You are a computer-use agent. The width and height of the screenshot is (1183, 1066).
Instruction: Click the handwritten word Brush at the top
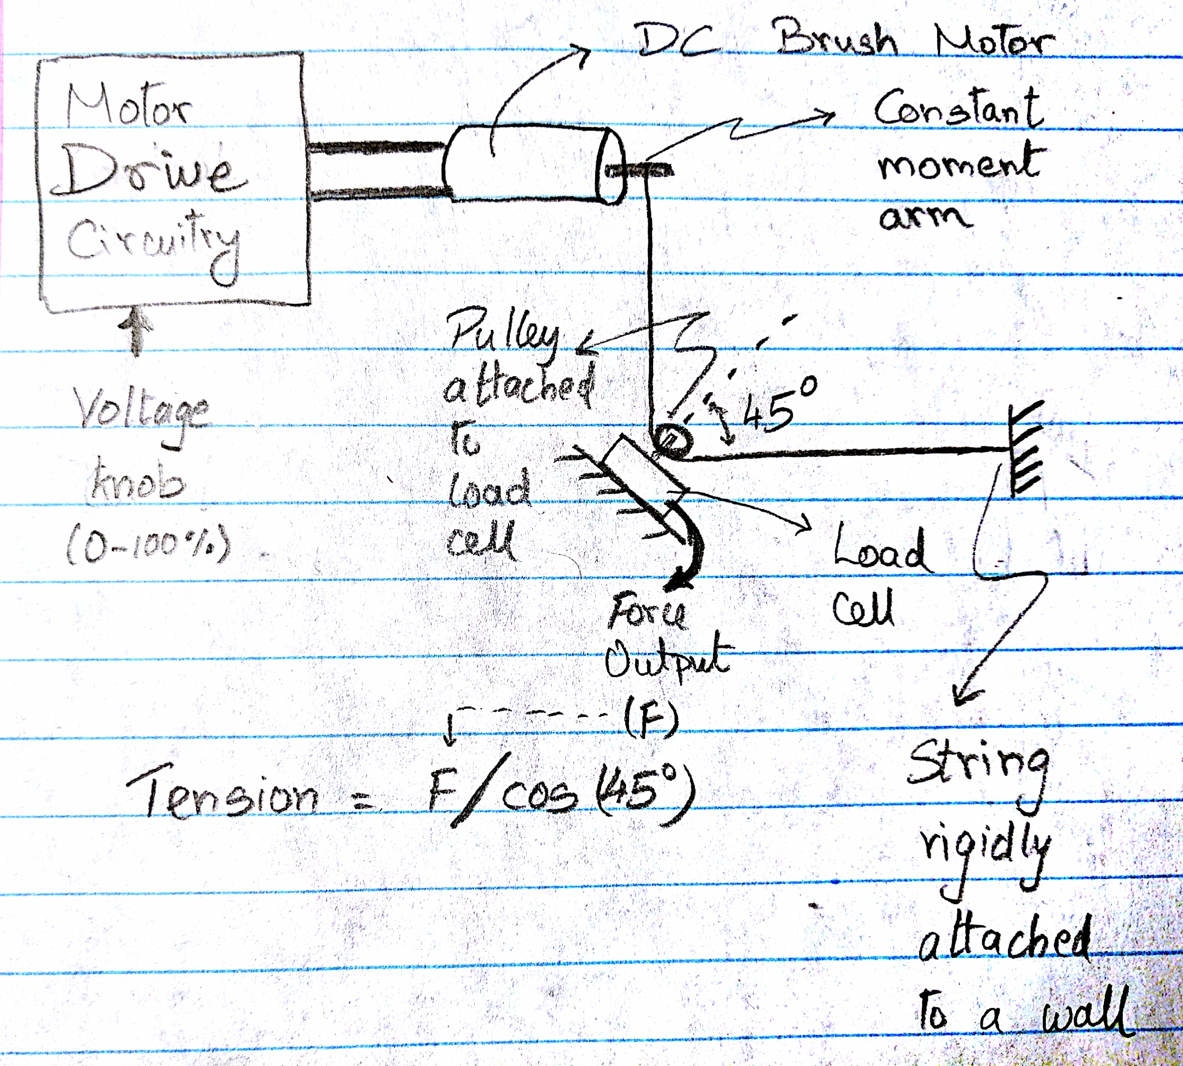coord(837,38)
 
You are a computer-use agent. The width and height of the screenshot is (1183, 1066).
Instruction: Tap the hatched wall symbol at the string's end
coord(1028,449)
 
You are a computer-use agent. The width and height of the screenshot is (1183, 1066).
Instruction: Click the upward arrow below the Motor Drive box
coord(137,331)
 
